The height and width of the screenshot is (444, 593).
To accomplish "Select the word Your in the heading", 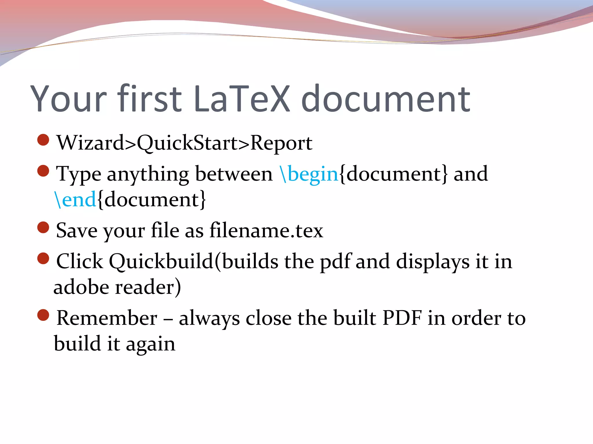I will click(69, 99).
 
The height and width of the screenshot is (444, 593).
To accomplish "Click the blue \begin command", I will click(309, 174).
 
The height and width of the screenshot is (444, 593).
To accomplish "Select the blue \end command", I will click(75, 199).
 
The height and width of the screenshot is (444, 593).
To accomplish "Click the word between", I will click(234, 174).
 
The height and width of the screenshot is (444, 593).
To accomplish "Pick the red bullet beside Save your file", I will click(43, 227).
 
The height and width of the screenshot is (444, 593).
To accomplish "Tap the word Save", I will click(76, 231).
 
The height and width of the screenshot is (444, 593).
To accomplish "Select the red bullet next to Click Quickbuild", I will click(43, 258).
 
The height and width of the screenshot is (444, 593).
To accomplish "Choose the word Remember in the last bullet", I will click(107, 318).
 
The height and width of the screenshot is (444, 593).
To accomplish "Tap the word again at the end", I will click(150, 345).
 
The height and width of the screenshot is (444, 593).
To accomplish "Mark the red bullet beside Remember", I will click(43, 315).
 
